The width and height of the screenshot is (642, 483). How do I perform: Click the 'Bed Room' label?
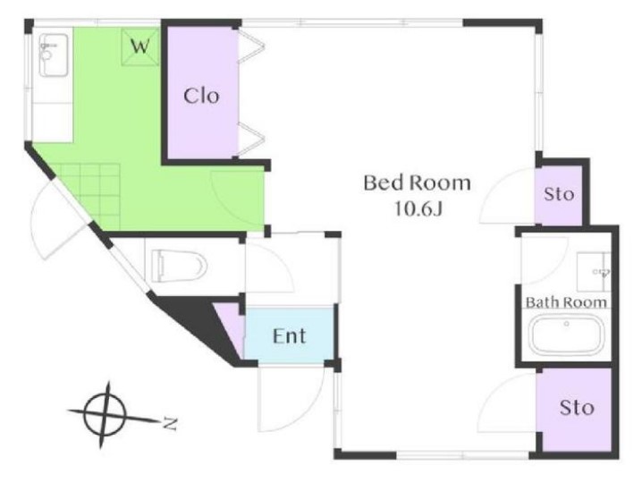(x=417, y=182)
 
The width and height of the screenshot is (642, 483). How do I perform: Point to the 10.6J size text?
(x=418, y=209)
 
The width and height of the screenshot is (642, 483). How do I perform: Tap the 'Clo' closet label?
(x=201, y=96)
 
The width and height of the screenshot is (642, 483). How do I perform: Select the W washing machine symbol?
(x=140, y=47)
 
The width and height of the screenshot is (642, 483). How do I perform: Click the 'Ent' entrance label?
(x=289, y=336)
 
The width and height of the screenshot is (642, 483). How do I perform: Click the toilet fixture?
(x=180, y=266)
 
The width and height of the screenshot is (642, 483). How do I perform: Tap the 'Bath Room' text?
(x=566, y=302)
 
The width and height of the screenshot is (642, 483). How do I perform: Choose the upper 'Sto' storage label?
(x=559, y=194)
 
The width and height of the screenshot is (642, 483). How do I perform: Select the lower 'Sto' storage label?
(x=577, y=408)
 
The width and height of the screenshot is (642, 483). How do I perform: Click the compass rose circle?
(x=105, y=414)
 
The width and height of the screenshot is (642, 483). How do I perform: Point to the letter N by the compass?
(x=170, y=423)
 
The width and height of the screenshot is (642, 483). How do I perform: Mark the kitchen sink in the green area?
(x=54, y=55)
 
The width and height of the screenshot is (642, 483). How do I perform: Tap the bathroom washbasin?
(x=594, y=272)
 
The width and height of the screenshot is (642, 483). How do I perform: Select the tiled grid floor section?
(x=90, y=197)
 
